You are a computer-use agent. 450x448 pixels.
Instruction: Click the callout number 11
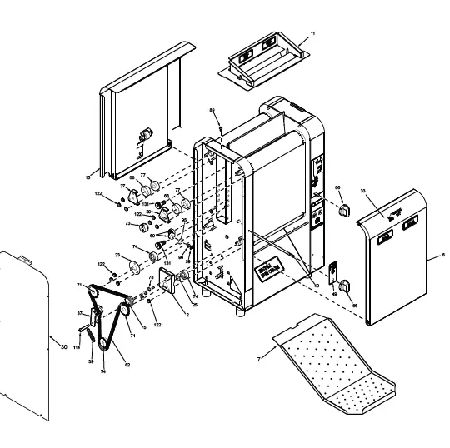coord(312,32)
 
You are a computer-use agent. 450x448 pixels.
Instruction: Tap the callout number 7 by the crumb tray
coord(260,359)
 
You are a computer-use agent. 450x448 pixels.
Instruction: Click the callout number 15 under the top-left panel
coord(88,177)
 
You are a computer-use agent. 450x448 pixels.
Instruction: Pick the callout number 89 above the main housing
coord(212,111)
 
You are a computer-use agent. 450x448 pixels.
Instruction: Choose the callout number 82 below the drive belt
coord(127,364)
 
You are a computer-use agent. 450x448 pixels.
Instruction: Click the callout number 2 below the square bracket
coord(187,313)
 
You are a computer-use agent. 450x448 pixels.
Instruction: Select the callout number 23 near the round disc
coord(117,256)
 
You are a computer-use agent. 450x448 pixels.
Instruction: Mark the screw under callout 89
coord(219,129)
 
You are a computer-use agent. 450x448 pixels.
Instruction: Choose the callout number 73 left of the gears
coord(127,223)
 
